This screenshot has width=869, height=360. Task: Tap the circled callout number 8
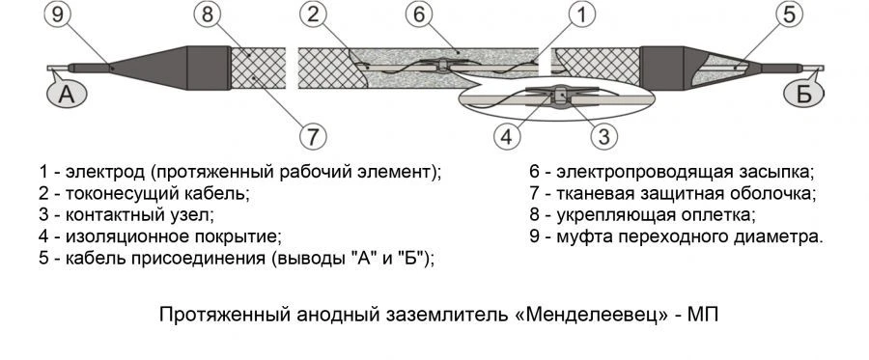pos(205,15)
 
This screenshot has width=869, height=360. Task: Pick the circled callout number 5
pos(789,15)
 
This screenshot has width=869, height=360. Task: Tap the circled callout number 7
pos(311,136)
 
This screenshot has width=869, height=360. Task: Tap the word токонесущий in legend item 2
pos(114,194)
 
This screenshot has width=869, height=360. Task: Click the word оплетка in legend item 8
pos(720,215)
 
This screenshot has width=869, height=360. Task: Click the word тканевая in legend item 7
pos(586,194)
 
